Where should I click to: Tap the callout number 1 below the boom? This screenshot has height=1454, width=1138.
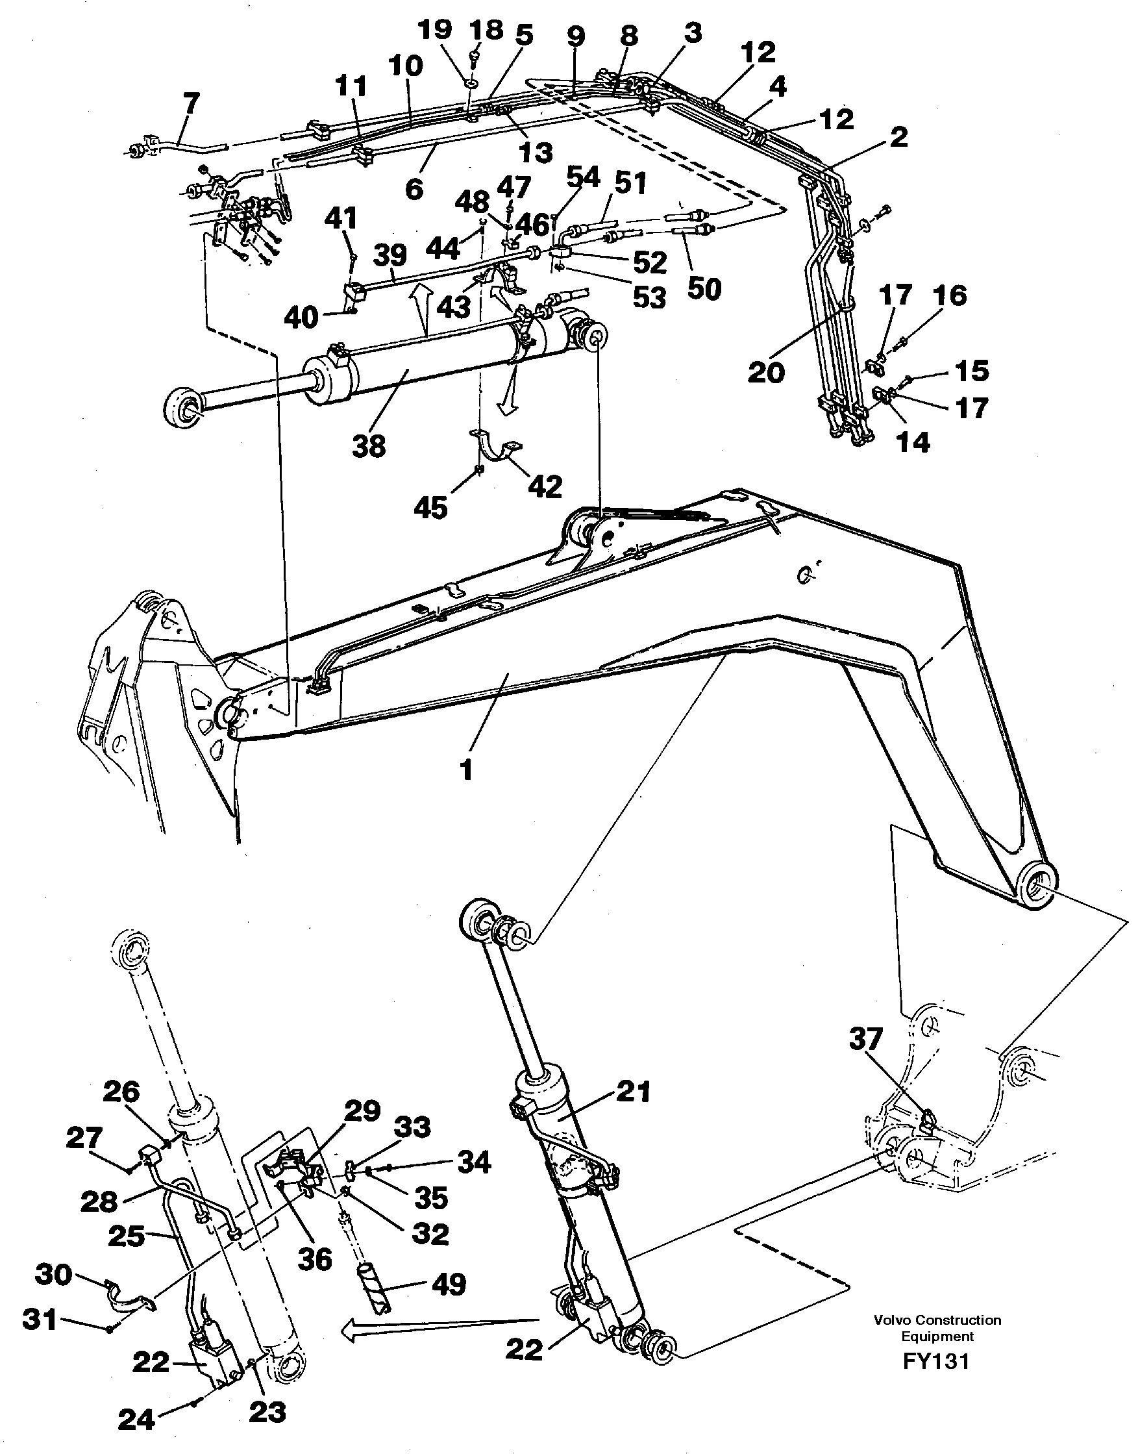pos(466,771)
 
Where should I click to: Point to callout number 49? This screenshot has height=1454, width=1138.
pos(449,1283)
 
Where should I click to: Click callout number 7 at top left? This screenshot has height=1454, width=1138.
pos(191,105)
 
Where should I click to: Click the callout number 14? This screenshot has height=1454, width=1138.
pos(913,440)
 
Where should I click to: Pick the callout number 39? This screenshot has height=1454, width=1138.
pos(390,255)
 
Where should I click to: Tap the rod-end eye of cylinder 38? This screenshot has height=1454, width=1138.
pos(183,408)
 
